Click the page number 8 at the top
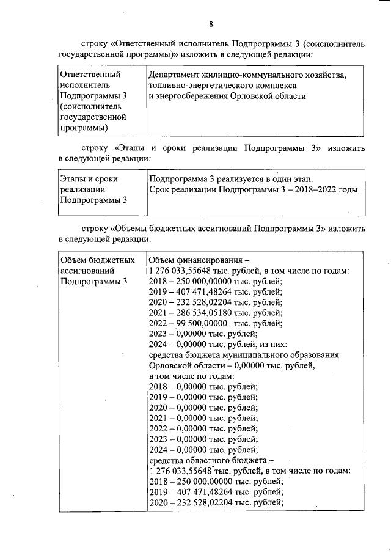(x=211, y=24)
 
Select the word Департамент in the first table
(x=175, y=75)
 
